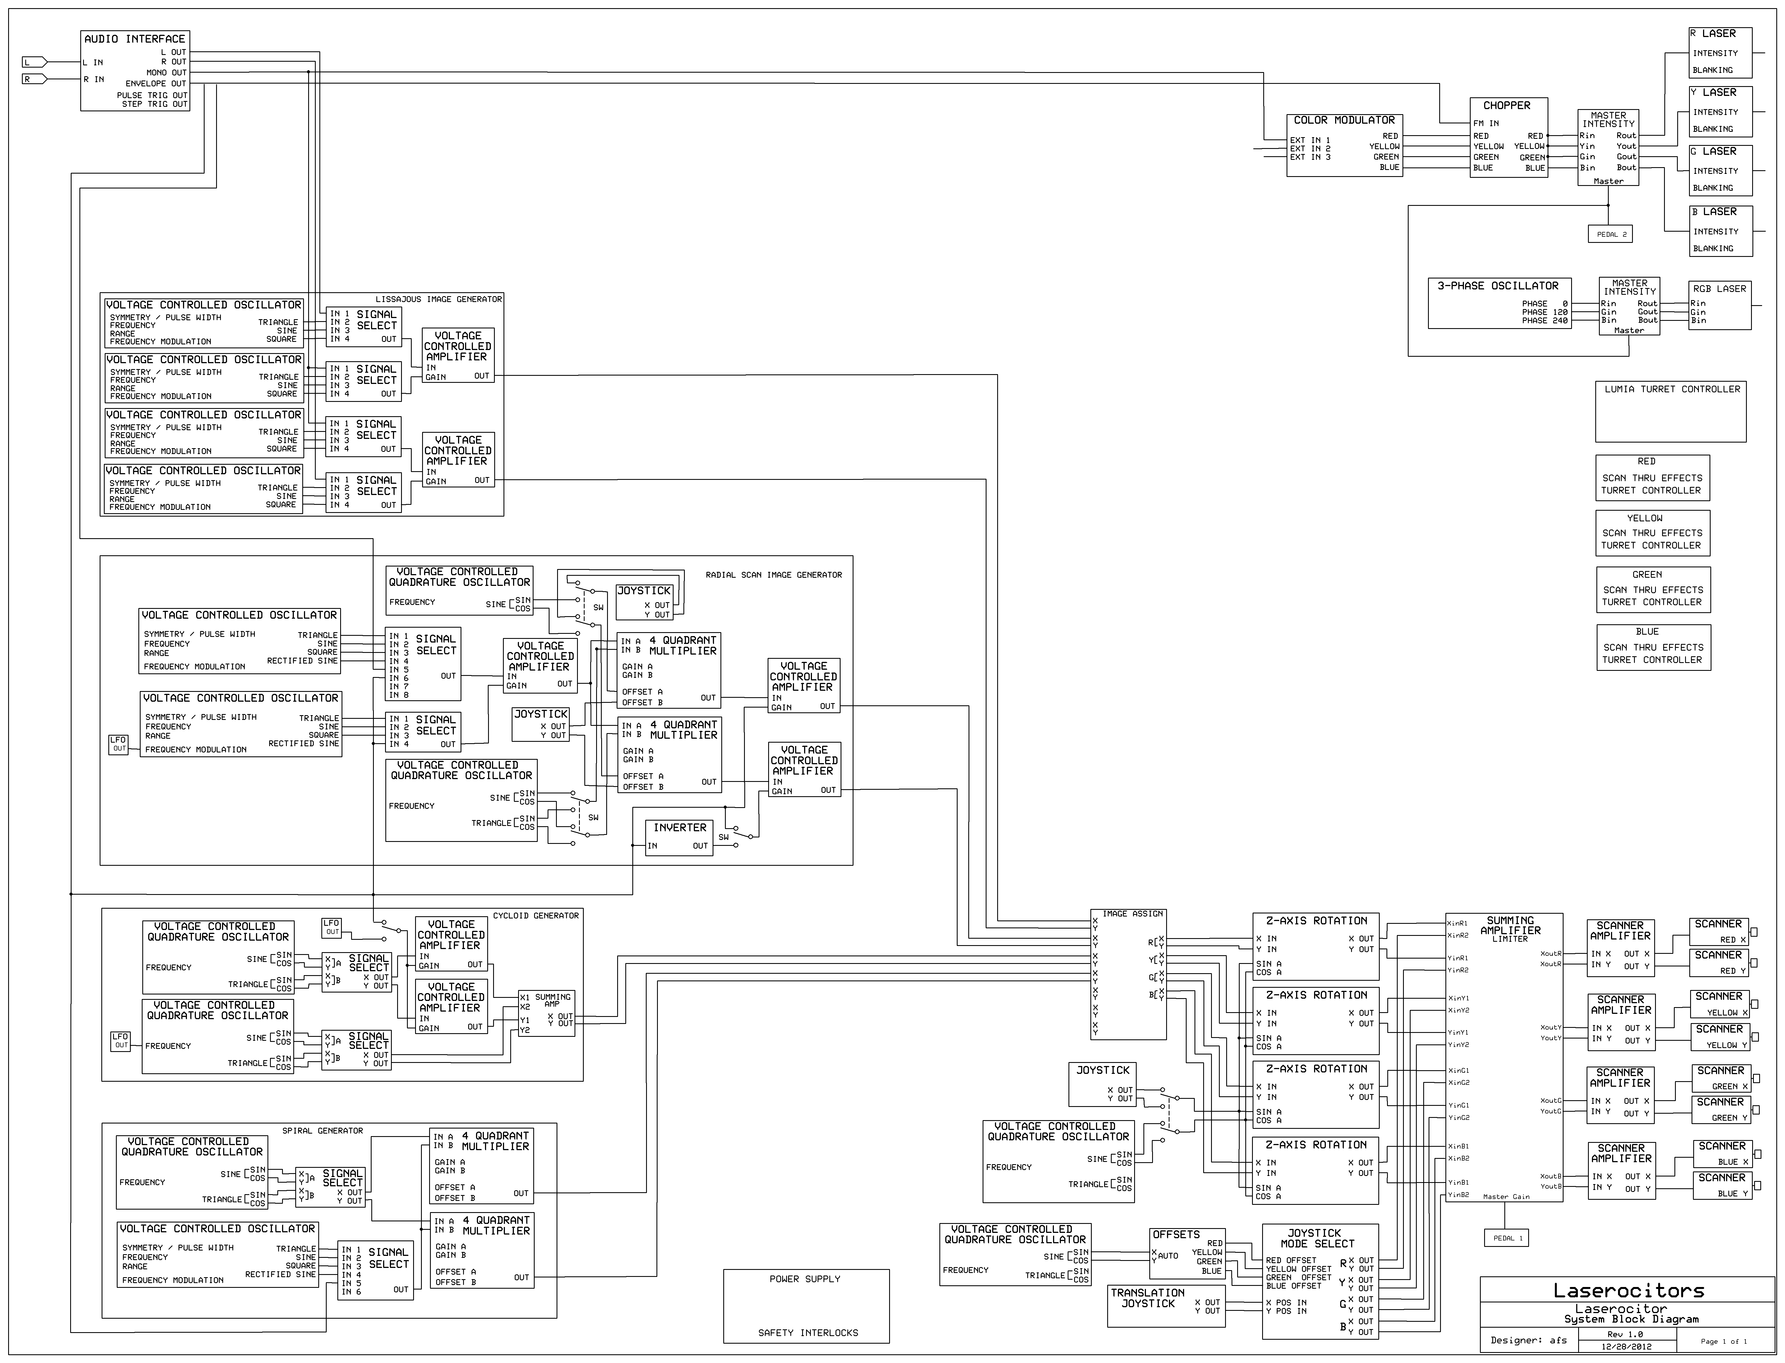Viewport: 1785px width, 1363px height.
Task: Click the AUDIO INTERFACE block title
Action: click(135, 39)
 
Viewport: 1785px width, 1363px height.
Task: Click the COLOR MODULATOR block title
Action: click(1344, 120)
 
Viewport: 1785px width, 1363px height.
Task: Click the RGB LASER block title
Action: click(1719, 289)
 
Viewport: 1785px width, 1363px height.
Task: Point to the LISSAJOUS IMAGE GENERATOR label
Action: click(438, 299)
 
